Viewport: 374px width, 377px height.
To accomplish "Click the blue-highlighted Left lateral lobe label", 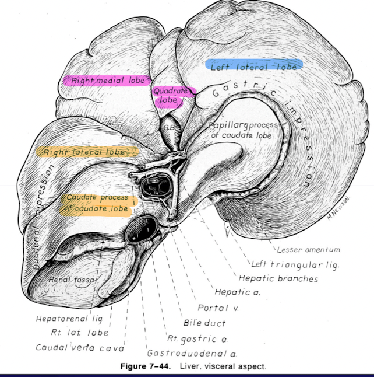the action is click(254, 66).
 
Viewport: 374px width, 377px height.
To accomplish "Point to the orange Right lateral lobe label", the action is click(85, 152).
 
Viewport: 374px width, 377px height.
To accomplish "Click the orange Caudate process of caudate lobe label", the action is click(97, 203).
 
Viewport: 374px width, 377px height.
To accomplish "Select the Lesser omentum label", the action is click(308, 250).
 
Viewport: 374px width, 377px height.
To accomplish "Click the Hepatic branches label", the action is click(278, 279).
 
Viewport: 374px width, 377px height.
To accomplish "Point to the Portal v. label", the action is click(218, 308).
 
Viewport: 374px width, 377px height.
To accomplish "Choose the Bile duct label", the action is click(204, 323).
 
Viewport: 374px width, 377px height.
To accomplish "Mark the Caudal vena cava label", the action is click(79, 348).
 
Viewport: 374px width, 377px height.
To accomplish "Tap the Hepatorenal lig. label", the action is click(69, 319).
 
